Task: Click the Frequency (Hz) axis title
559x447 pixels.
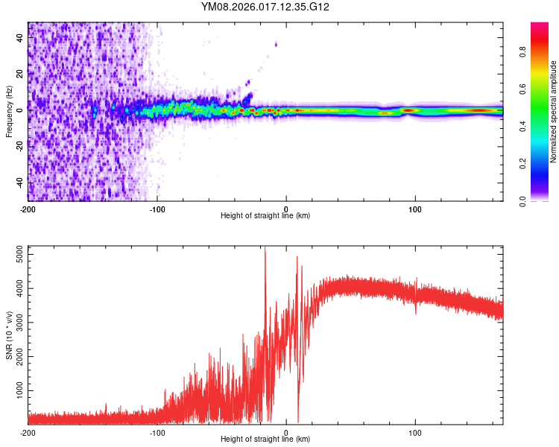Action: click(9, 111)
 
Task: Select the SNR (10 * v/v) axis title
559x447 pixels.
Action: click(9, 335)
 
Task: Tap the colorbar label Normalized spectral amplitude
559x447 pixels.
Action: click(553, 112)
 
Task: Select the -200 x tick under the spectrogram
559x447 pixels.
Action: click(28, 208)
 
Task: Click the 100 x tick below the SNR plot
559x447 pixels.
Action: click(415, 431)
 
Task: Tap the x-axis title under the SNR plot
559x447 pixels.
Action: click(265, 440)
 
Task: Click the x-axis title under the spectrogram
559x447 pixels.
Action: click(265, 216)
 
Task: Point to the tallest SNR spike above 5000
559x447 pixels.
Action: click(265, 250)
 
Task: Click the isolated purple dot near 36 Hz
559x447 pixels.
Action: click(276, 45)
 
